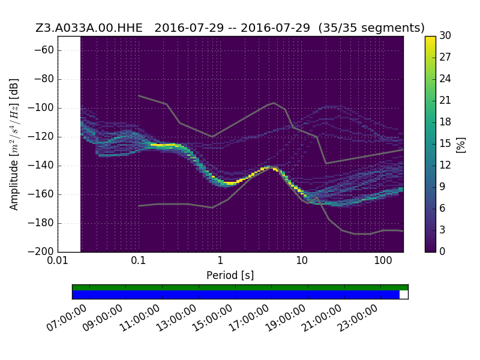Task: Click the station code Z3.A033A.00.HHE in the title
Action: coord(89,28)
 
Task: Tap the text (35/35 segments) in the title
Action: coord(371,28)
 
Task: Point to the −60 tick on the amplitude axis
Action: coord(44,50)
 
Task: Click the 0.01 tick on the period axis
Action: coord(58,260)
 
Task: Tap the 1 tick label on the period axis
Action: coord(220,260)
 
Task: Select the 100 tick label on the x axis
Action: coord(383,260)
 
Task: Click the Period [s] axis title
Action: coord(230,275)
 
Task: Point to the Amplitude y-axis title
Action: coord(14,145)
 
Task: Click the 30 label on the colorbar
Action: coord(445,35)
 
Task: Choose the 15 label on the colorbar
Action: coord(445,143)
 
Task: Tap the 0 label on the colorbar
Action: coord(442,251)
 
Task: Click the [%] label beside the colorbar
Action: coord(461,145)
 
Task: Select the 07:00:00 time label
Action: coord(67,319)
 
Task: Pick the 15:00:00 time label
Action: coord(212,319)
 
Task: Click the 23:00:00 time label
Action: coord(358,319)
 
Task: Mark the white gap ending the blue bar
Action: coord(404,295)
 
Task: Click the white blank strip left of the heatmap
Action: coord(69,144)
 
